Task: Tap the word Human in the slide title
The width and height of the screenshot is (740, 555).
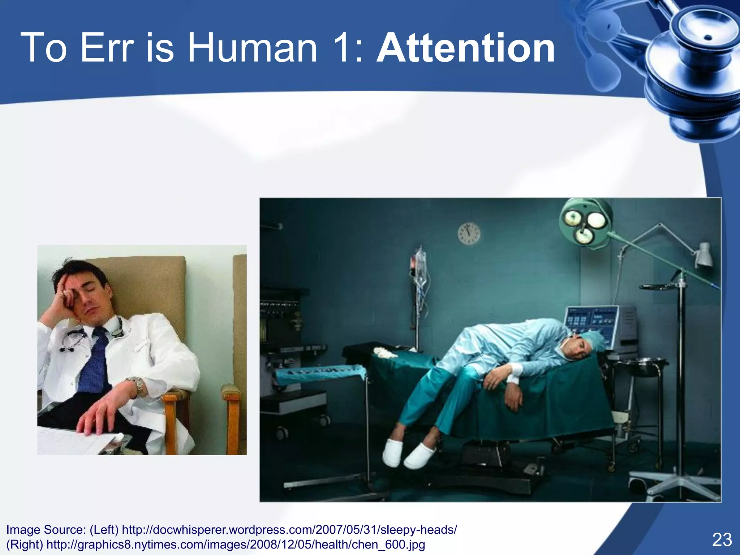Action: click(x=252, y=48)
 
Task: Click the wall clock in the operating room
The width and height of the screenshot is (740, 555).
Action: click(x=469, y=233)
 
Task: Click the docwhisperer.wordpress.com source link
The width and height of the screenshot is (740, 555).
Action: click(x=289, y=530)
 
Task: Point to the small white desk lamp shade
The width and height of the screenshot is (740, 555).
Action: click(x=704, y=255)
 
